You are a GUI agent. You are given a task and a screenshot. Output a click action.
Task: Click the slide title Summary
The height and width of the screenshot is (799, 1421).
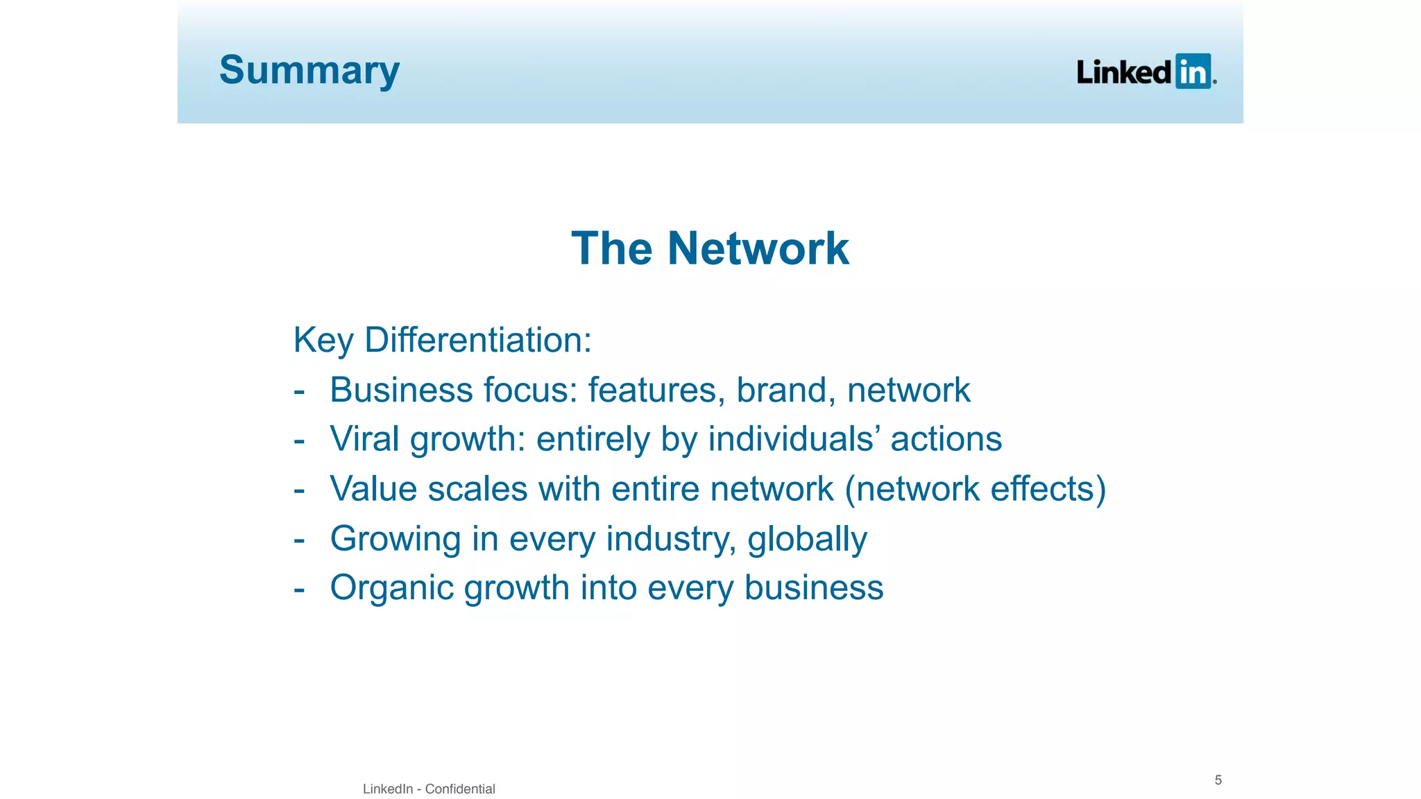click(x=309, y=71)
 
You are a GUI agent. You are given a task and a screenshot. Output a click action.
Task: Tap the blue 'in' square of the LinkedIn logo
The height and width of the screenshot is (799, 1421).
click(x=1193, y=71)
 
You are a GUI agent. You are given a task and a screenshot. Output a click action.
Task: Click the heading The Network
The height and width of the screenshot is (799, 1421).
click(x=710, y=248)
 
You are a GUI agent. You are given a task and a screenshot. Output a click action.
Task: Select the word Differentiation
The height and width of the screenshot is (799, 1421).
click(x=477, y=340)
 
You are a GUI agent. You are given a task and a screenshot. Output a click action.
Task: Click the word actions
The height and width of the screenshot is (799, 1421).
click(x=946, y=439)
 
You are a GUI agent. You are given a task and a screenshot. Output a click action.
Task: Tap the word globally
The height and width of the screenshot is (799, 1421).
click(x=807, y=539)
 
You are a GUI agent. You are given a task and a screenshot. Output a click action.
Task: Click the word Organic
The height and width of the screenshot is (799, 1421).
click(x=391, y=588)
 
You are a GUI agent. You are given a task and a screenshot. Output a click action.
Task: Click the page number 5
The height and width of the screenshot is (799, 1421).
click(x=1218, y=780)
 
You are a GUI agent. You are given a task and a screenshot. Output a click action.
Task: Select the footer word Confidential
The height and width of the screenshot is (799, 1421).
click(x=460, y=789)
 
